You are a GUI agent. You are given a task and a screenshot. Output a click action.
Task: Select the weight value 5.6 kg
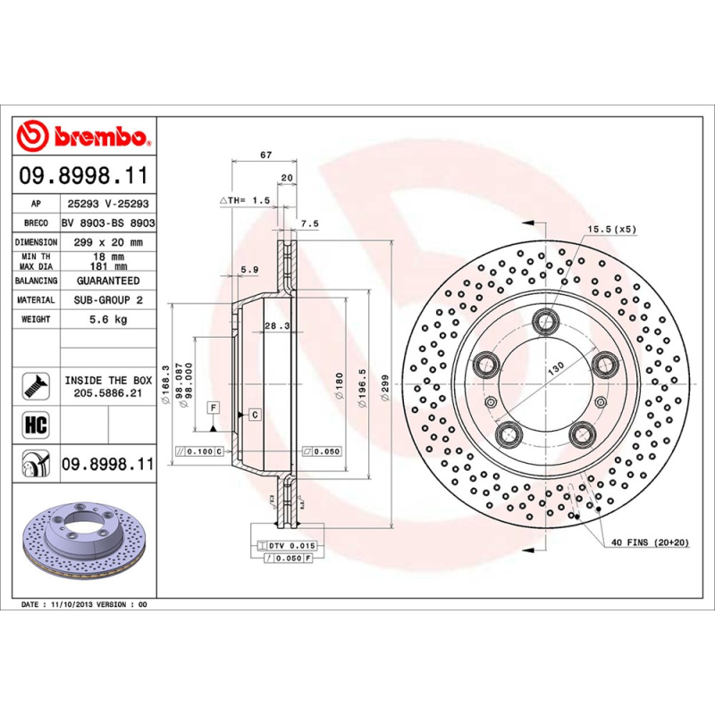click(x=108, y=319)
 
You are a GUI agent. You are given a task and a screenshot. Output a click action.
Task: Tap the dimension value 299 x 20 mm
click(x=107, y=242)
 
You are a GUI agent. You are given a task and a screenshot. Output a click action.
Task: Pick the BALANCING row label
click(x=37, y=281)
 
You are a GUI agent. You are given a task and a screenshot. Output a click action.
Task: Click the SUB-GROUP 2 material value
click(x=107, y=300)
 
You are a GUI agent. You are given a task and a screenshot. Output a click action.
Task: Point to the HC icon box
click(x=34, y=423)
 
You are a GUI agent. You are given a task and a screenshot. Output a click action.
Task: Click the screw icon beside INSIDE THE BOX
click(x=34, y=385)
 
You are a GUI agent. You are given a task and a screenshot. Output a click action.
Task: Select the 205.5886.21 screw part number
click(x=108, y=393)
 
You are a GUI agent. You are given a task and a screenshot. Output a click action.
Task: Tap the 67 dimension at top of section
click(x=265, y=155)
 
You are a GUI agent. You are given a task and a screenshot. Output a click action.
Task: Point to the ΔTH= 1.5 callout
click(x=246, y=201)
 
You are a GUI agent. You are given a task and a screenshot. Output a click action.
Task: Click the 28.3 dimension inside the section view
click(x=275, y=327)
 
